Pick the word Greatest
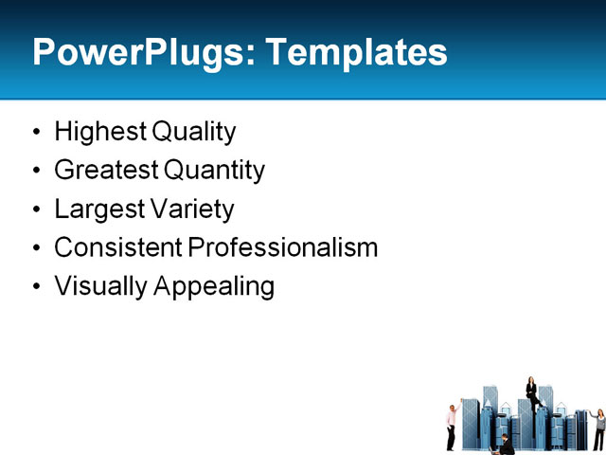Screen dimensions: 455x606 (105, 171)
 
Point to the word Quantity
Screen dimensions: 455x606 (215, 171)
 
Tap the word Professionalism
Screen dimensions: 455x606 (282, 247)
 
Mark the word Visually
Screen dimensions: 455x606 (98, 286)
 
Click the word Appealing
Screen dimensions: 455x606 (214, 286)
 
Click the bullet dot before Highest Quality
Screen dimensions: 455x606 (36, 133)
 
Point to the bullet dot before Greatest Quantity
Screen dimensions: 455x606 (36, 172)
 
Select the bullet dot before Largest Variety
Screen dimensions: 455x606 (36, 209)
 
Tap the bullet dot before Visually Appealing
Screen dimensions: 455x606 (36, 287)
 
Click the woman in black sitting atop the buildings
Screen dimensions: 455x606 (531, 392)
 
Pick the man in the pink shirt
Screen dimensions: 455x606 (452, 425)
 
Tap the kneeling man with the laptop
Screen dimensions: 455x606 (508, 443)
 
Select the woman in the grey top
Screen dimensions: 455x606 (598, 428)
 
